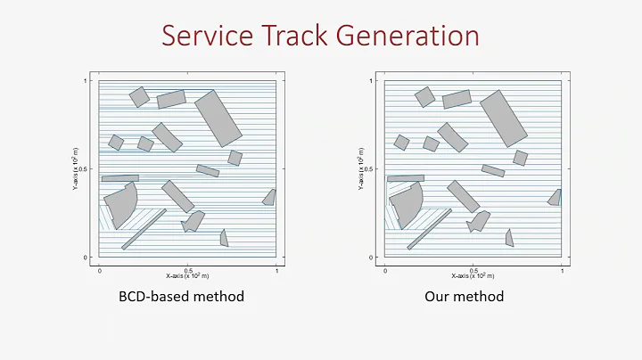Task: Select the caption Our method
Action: pyautogui.click(x=465, y=296)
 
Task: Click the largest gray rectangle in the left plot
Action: pyautogui.click(x=218, y=117)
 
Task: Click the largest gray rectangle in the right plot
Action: pyautogui.click(x=504, y=117)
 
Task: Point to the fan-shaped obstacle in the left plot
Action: pyautogui.click(x=123, y=204)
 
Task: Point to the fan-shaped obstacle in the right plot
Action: pyautogui.click(x=407, y=202)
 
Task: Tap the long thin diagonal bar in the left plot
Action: pyautogui.click(x=144, y=229)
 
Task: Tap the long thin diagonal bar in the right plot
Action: pyautogui.click(x=429, y=229)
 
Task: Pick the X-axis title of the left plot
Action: pyautogui.click(x=188, y=275)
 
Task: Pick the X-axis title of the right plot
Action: pyautogui.click(x=473, y=275)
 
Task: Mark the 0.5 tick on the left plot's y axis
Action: pyautogui.click(x=86, y=169)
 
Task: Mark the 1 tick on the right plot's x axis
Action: pyautogui.click(x=562, y=268)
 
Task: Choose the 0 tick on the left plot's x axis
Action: pyautogui.click(x=100, y=268)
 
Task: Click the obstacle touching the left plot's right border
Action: pyautogui.click(x=269, y=198)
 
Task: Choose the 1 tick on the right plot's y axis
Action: pyautogui.click(x=373, y=82)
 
